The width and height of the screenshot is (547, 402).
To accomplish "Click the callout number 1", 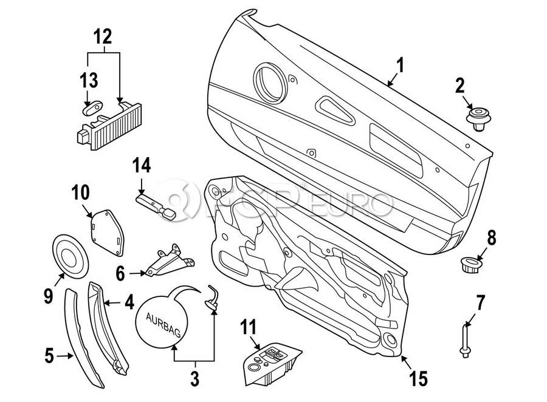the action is (x=401, y=65).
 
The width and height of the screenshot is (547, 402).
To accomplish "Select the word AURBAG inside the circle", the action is (x=163, y=325).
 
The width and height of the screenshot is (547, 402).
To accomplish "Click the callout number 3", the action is (x=194, y=379).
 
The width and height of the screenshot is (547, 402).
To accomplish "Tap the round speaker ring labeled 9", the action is (x=70, y=256).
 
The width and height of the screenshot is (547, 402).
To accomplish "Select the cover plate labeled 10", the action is (x=108, y=232).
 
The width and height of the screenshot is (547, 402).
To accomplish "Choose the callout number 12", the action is (x=103, y=37).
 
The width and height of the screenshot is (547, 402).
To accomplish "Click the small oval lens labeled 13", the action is (x=92, y=108).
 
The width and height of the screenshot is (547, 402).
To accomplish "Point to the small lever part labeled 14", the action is (x=156, y=208).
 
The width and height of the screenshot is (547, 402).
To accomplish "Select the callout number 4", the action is (x=129, y=302).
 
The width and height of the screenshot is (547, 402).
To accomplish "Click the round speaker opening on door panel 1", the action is (x=270, y=83).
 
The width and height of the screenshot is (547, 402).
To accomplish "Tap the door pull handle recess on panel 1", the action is (x=335, y=111).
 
